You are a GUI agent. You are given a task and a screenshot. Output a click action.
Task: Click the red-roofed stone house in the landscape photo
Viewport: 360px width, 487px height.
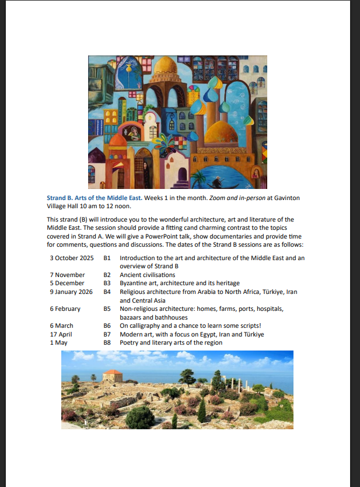[x=113, y=376]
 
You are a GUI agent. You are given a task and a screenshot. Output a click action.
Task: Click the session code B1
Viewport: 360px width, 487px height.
[x=107, y=257]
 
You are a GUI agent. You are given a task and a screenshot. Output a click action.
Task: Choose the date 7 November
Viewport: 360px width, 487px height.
[x=67, y=275]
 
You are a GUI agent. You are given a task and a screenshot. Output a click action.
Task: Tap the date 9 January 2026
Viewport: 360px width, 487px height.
[x=72, y=291]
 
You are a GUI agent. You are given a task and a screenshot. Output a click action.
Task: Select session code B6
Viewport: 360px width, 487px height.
[x=107, y=326]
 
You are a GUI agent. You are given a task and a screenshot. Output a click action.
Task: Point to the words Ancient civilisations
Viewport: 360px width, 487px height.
[x=148, y=275]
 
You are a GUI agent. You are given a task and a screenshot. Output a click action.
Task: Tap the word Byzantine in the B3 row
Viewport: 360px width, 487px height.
[x=135, y=283]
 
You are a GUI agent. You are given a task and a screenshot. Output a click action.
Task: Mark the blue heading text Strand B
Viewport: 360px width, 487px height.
[x=60, y=198]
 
